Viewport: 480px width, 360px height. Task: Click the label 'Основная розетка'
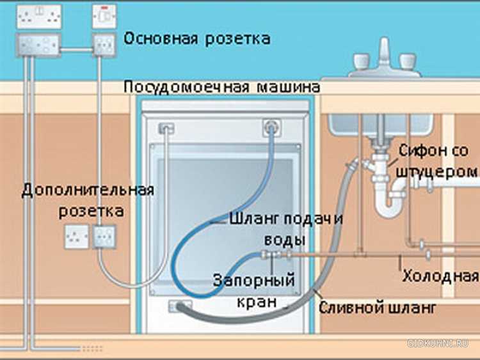tap(196, 38)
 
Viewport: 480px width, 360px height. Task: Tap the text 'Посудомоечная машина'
tap(221, 86)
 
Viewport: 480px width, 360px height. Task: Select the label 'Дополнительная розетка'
tap(88, 200)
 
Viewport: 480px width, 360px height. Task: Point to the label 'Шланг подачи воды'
tap(286, 229)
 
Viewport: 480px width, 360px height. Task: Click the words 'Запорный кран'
tap(253, 290)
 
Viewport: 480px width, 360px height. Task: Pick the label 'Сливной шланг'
tap(378, 308)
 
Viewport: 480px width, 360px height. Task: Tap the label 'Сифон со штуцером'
tap(437, 161)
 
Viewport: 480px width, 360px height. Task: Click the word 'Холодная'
tap(440, 276)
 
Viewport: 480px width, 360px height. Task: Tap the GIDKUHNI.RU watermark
tap(441, 344)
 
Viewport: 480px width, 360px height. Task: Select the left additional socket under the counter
tap(76, 237)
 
